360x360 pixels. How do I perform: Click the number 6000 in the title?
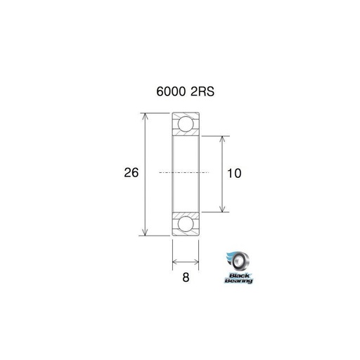171,91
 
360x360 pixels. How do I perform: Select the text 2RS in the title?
202,91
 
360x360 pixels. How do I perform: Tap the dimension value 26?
131,172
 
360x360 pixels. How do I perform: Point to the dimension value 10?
234,174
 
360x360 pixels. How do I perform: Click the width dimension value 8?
186,278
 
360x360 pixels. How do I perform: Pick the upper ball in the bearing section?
186,124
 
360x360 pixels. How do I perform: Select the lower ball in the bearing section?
186,224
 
